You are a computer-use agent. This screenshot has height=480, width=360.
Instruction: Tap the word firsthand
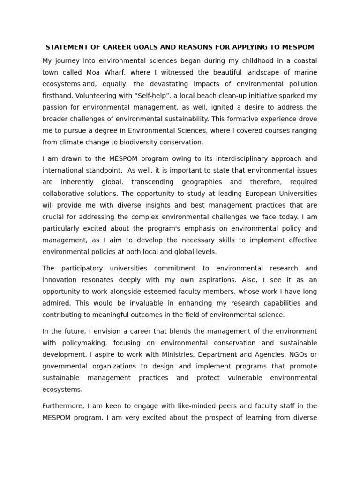[58, 96]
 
